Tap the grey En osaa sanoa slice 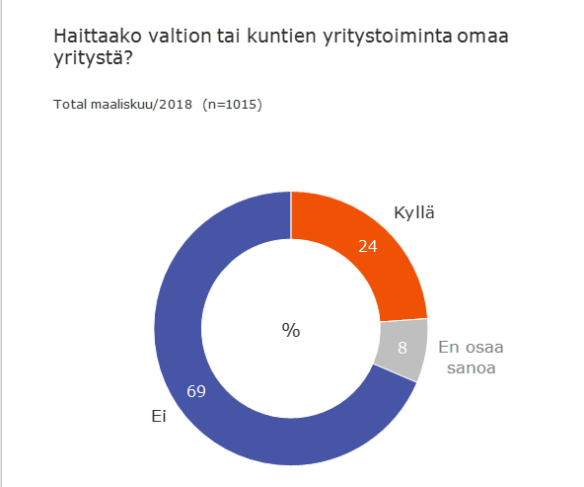tap(402, 346)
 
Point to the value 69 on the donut tap(195, 391)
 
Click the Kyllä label tap(413, 213)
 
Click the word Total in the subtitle tap(70, 105)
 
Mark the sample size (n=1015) tap(232, 105)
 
